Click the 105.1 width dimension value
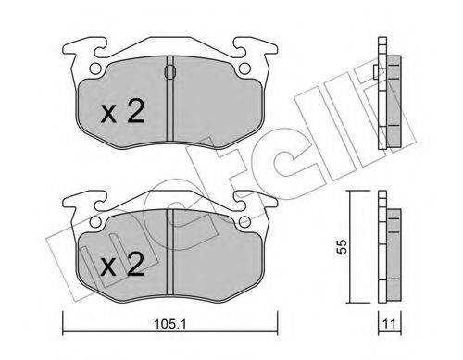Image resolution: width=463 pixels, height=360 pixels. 169,324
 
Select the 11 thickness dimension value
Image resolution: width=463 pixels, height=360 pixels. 389,324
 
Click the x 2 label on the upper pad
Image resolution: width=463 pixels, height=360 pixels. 123,112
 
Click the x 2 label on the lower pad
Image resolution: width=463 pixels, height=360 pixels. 123,265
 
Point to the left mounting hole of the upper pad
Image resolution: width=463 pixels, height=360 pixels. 95,68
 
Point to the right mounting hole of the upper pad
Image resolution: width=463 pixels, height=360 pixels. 244,68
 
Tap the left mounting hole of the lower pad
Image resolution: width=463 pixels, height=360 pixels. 95,221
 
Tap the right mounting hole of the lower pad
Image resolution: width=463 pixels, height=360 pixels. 244,221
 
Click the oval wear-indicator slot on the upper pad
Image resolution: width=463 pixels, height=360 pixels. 170,72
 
